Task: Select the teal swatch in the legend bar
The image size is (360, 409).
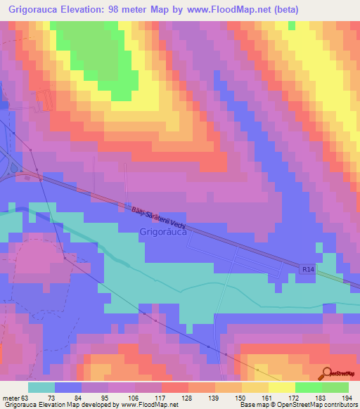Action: pos(41,388)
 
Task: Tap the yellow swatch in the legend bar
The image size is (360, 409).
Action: pos(282,388)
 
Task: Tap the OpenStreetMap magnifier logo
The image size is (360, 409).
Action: pos(327,373)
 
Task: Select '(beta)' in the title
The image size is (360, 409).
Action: pos(283,10)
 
